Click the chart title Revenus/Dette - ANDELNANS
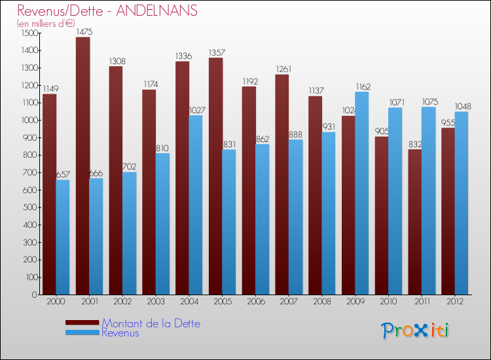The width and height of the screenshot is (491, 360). [107, 11]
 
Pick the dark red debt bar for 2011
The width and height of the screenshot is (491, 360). [415, 222]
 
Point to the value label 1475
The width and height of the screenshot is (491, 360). [83, 31]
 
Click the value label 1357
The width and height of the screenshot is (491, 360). [216, 52]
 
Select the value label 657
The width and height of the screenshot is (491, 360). [63, 174]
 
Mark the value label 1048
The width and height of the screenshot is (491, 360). [462, 106]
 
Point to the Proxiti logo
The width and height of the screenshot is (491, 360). [416, 331]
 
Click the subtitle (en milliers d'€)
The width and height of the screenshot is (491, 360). [46, 24]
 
